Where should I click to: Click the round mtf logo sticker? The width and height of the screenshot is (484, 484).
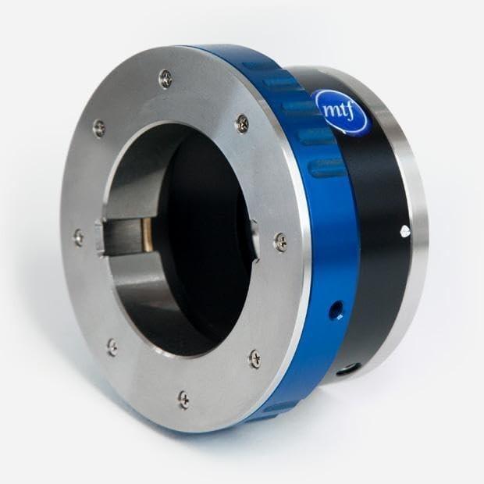tap(340, 112)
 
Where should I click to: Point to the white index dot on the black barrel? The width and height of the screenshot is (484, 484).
tap(404, 230)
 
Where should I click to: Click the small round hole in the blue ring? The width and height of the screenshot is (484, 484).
tap(335, 311)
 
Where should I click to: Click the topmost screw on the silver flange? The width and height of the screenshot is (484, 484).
tap(165, 77)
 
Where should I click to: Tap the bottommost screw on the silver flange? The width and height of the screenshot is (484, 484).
tap(183, 399)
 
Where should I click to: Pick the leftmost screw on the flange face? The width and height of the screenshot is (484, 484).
tap(78, 237)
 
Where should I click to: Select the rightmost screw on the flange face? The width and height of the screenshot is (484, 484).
tap(280, 242)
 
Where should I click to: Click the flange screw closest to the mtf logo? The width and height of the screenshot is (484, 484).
tap(243, 123)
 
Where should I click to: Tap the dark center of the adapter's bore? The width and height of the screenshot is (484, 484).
tap(195, 234)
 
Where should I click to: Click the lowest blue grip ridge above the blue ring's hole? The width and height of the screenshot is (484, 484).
tap(326, 168)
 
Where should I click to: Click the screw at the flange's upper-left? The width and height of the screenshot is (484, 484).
tap(98, 127)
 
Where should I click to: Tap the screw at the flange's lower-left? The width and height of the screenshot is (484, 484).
tap(112, 346)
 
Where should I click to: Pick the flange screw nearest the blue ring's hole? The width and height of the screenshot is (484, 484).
tap(254, 358)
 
